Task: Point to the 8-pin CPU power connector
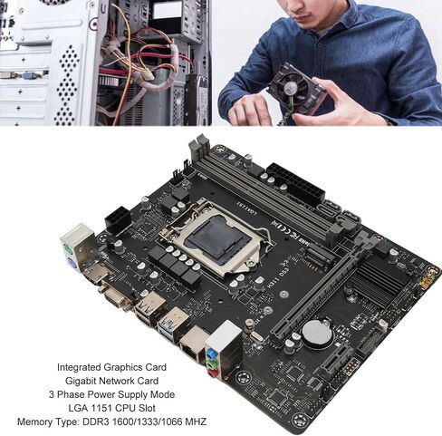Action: coord(118,221)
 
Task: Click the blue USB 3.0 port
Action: coord(169,324)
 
